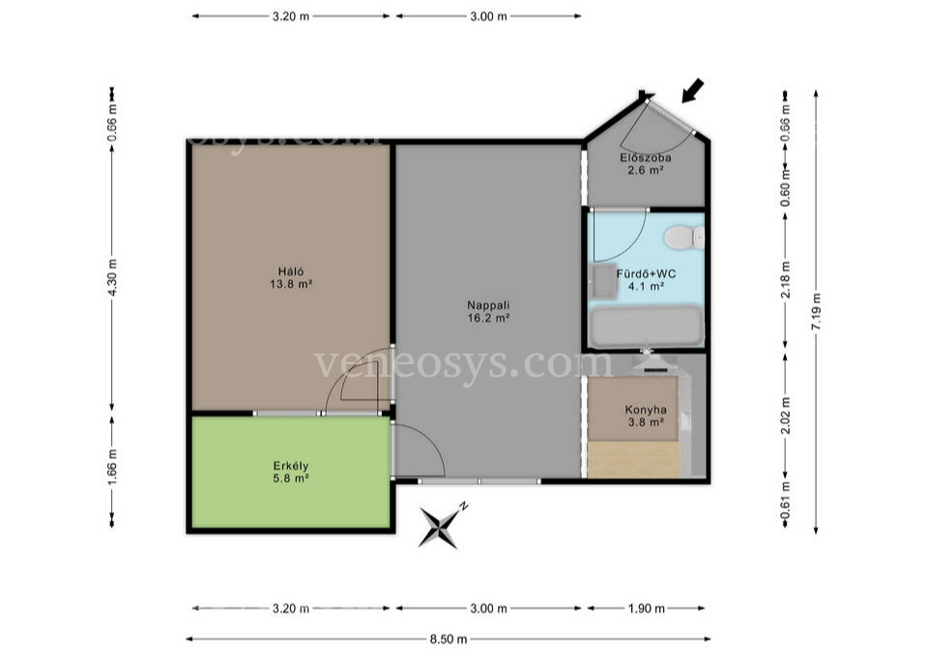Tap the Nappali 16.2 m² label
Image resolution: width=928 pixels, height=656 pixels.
488,311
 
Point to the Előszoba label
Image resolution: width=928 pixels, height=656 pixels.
645,157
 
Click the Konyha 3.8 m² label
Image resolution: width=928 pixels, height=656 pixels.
646,415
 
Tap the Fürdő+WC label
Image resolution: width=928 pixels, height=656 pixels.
647,273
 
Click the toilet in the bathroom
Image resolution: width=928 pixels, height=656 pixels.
684,238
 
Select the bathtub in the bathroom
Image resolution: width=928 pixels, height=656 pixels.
647,326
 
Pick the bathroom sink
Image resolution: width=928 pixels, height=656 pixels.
603,281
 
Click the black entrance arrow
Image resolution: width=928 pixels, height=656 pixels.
692,91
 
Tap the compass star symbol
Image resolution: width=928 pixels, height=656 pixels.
439,527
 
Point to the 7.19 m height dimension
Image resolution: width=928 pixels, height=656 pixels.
816,312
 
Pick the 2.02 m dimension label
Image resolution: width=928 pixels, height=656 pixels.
785,414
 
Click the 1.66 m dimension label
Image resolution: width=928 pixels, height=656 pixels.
112,466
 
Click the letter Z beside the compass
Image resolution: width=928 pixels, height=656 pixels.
465,505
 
